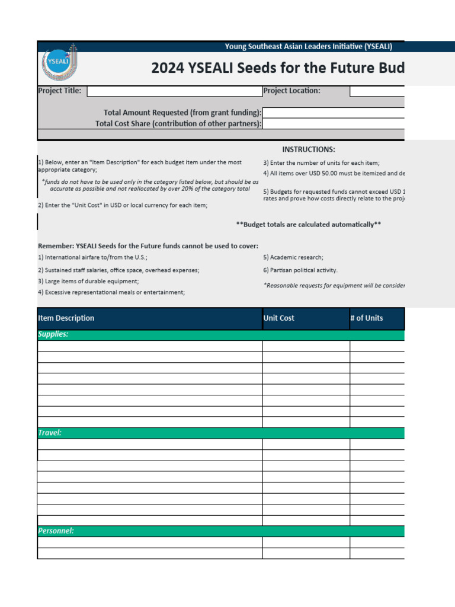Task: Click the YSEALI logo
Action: [59, 64]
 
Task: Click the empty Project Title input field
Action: [174, 91]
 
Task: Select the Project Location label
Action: [291, 91]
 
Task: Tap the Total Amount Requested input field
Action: [333, 113]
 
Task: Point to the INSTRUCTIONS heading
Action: [308, 149]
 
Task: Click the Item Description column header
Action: [66, 318]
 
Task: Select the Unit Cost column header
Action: [279, 318]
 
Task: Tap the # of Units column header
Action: [366, 318]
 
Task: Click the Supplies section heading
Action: [53, 334]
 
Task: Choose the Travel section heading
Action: [50, 433]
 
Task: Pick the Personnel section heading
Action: [56, 531]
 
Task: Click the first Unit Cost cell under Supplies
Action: [306, 346]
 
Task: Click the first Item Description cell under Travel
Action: [149, 445]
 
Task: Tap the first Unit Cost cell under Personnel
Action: [306, 542]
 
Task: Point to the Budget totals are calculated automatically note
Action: [308, 225]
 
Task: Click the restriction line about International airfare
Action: [93, 258]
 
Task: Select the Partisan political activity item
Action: [300, 270]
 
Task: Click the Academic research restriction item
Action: [293, 258]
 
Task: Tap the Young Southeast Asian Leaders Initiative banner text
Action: [308, 47]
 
